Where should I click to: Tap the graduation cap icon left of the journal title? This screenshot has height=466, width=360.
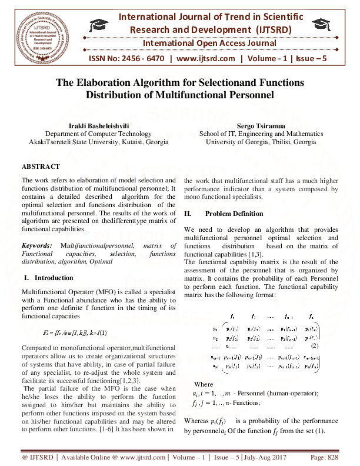[98, 25]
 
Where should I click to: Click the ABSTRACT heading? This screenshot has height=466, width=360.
[41, 167]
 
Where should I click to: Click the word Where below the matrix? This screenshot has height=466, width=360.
[203, 384]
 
